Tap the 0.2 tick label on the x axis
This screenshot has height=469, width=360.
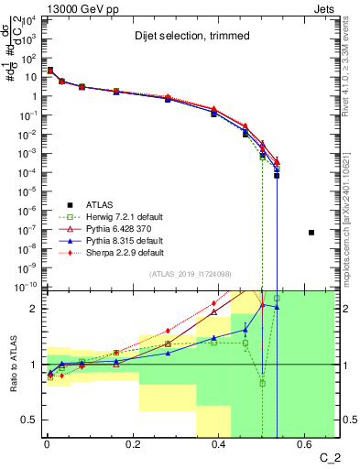tap(134, 446)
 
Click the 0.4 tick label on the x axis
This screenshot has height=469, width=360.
tap(220, 446)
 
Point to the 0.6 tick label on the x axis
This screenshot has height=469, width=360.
tap(306, 446)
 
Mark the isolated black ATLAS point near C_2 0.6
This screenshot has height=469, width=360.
tap(311, 233)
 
